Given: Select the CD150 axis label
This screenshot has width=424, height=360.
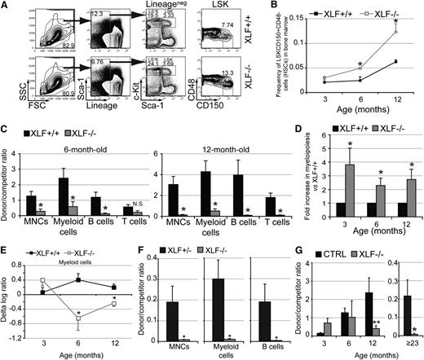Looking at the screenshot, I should pyautogui.click(x=214, y=127).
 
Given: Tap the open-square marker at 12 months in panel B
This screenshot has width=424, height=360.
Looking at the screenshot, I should pyautogui.click(x=396, y=33).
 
